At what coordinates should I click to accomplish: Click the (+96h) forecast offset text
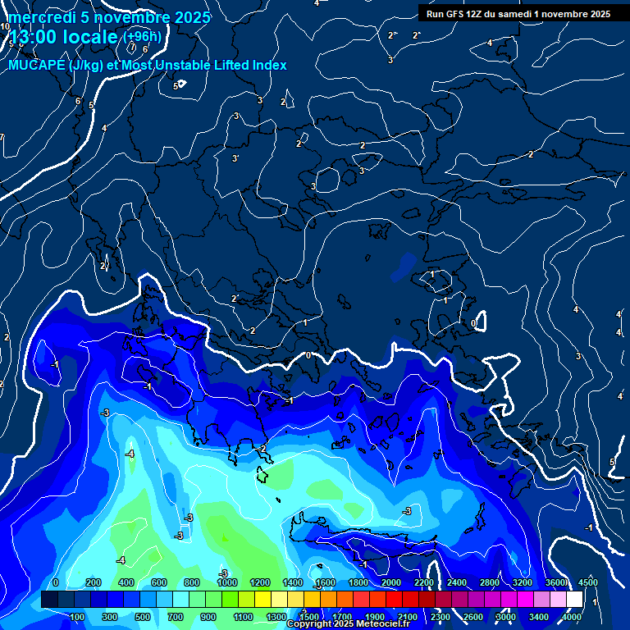pyautogui.click(x=142, y=36)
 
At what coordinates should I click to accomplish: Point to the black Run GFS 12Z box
pyautogui.click(x=518, y=13)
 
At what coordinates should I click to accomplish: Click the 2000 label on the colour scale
pyautogui.click(x=391, y=582)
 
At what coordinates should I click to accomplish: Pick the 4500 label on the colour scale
pyautogui.click(x=587, y=582)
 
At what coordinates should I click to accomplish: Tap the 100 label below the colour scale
pyautogui.click(x=78, y=617)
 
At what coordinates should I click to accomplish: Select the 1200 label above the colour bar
pyautogui.click(x=260, y=582)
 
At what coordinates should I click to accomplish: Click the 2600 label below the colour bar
pyautogui.click(x=473, y=617)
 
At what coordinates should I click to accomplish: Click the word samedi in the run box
pyautogui.click(x=509, y=13)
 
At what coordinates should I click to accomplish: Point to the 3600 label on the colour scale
pyautogui.click(x=555, y=582)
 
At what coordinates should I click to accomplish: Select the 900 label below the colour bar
pyautogui.click(x=208, y=617)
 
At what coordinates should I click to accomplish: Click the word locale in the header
pyautogui.click(x=96, y=37)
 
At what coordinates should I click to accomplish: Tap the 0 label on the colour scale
pyautogui.click(x=55, y=582)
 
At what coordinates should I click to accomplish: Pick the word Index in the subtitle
pyautogui.click(x=269, y=65)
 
